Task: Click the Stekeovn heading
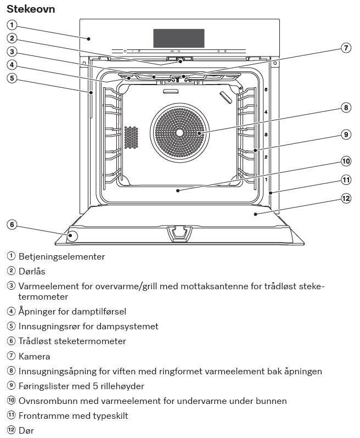point(31,9)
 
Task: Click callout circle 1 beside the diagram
point(12,25)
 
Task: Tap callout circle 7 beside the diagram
point(346,48)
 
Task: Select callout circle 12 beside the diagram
point(346,198)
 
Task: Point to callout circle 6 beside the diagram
point(12,224)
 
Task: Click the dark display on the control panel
point(179,38)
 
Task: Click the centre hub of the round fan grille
point(179,132)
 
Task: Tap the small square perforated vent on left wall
point(131,137)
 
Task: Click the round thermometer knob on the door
point(72,237)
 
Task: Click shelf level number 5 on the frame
point(266,89)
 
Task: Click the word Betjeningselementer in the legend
point(61,256)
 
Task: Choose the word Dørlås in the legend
point(32,271)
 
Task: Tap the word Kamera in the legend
point(34,356)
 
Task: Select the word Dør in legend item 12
point(26,430)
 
